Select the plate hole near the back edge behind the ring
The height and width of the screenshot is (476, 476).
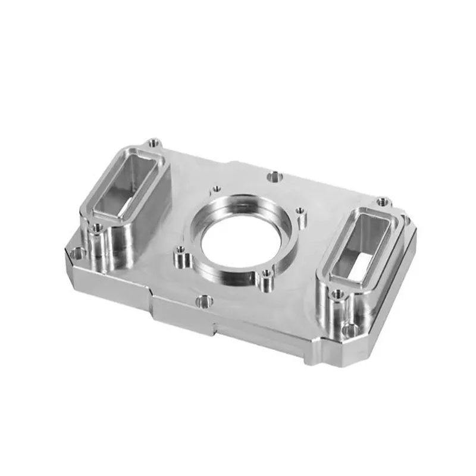pyautogui.click(x=274, y=176)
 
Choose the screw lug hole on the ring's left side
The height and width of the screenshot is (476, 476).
pyautogui.click(x=179, y=257)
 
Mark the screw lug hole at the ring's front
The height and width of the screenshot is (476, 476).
pyautogui.click(x=266, y=274)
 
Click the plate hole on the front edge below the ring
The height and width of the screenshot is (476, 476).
pyautogui.click(x=203, y=301)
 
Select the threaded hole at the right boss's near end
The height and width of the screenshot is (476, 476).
pyautogui.click(x=337, y=294)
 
